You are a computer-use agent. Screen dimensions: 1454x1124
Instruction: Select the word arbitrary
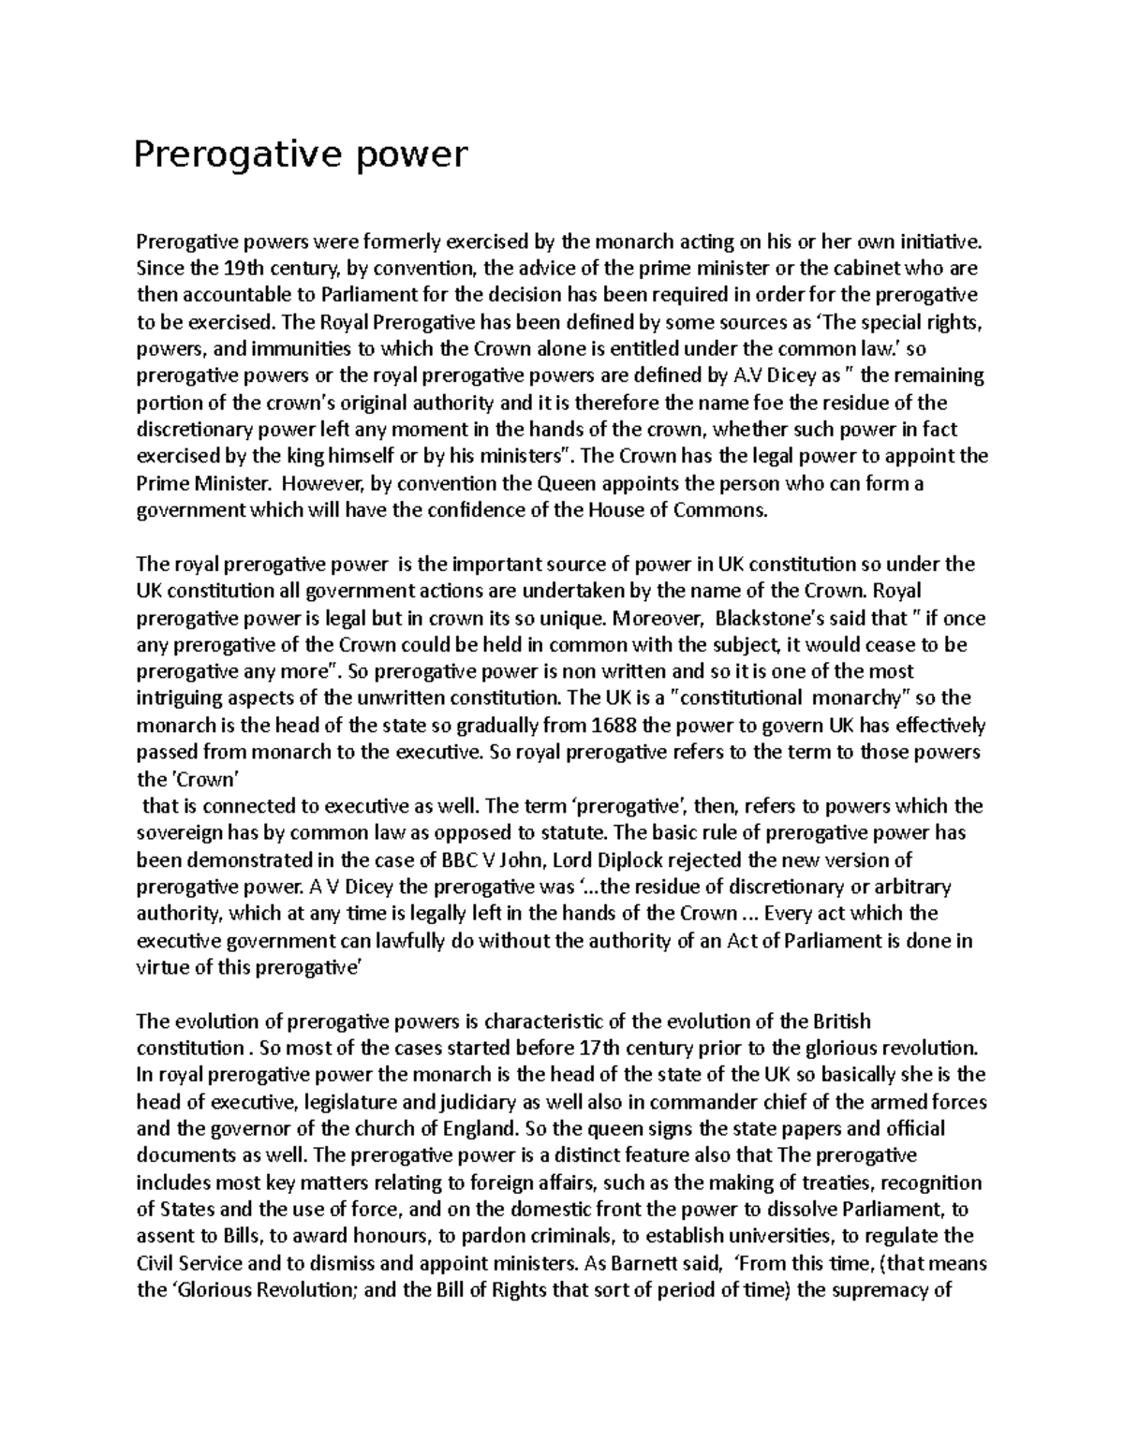point(910,888)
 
